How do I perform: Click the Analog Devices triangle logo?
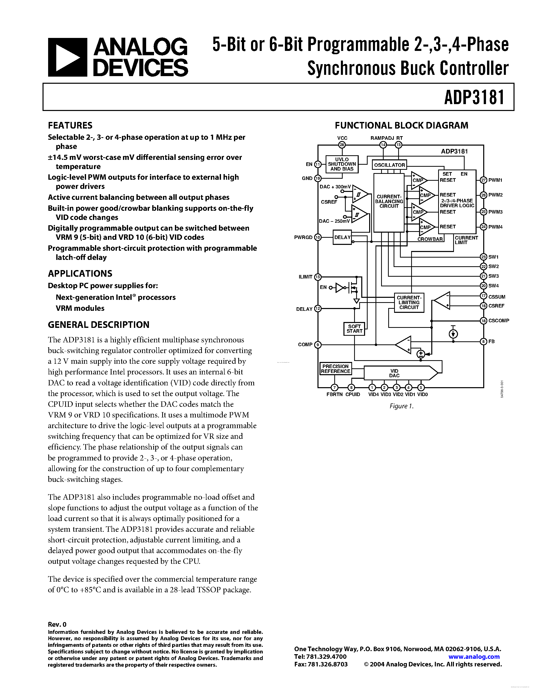click(x=67, y=57)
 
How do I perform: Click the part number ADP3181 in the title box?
click(x=474, y=97)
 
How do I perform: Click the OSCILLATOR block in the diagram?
click(x=390, y=165)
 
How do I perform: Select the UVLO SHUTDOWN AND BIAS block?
click(x=342, y=164)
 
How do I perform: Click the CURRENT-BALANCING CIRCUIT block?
click(x=389, y=202)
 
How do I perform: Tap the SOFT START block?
click(x=354, y=329)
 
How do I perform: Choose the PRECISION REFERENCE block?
click(x=336, y=369)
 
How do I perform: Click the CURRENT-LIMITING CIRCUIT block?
click(x=409, y=302)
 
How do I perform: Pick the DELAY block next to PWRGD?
click(x=342, y=237)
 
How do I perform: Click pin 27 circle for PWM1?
click(x=483, y=180)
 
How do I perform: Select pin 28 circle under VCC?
click(x=342, y=145)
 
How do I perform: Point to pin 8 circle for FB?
click(x=483, y=341)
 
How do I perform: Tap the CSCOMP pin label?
click(x=498, y=320)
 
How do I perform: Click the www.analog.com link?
click(x=474, y=656)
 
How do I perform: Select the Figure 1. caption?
click(x=401, y=406)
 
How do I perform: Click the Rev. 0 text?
click(x=57, y=624)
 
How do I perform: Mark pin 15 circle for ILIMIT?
click(x=318, y=277)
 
